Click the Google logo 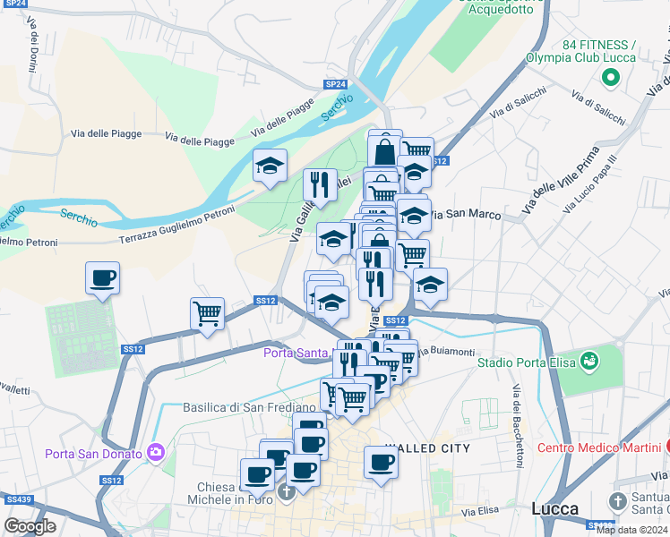click(30, 526)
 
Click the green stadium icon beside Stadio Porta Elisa click(588, 361)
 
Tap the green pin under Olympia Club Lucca click(612, 79)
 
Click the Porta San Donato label click(94, 454)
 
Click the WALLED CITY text click(428, 448)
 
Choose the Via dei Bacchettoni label click(517, 430)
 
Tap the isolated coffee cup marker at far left click(102, 278)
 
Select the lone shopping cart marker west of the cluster click(207, 314)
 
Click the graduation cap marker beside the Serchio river click(270, 166)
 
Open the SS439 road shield click(17, 499)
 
